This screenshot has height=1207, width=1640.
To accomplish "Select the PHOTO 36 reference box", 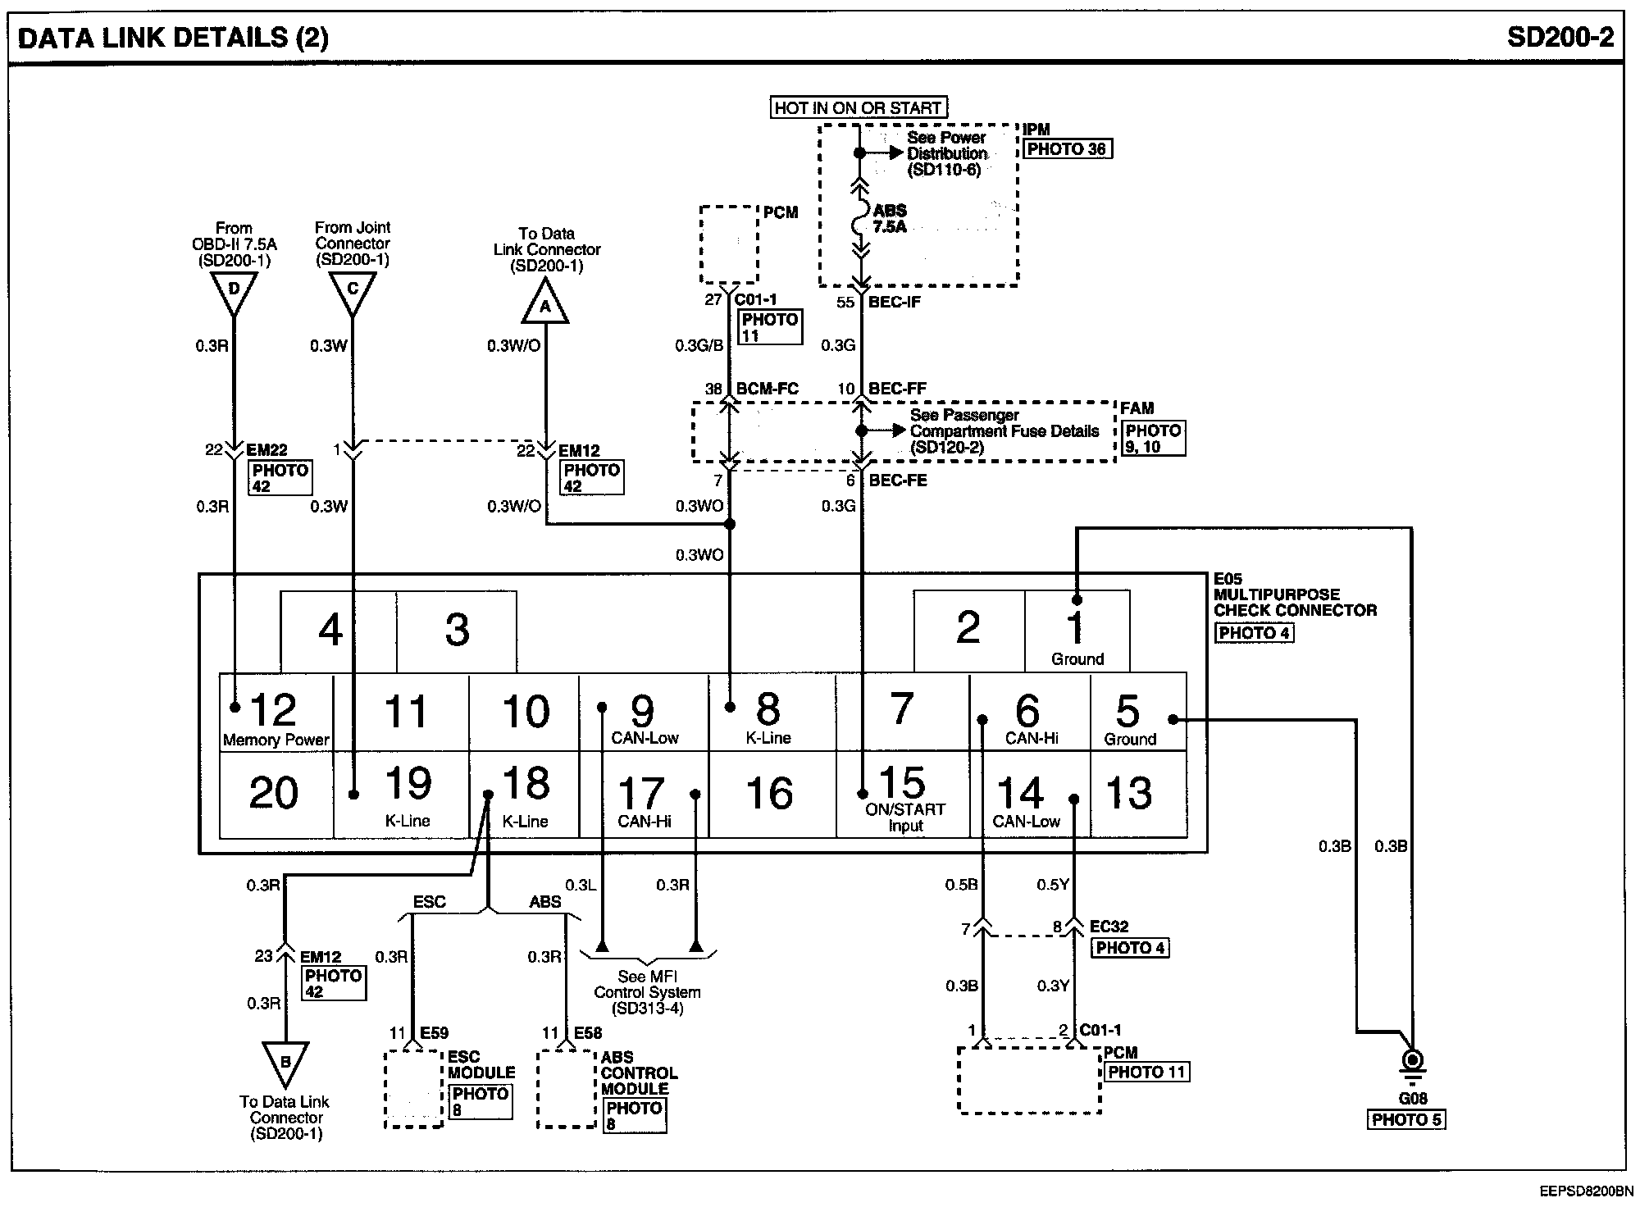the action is tap(1067, 149).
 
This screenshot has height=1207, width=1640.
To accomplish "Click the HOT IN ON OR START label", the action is tap(858, 107).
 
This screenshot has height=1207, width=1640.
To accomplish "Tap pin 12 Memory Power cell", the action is tap(276, 712).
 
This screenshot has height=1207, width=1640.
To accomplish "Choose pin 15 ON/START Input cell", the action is tap(903, 794).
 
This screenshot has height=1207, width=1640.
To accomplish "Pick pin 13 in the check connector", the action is tap(1138, 794).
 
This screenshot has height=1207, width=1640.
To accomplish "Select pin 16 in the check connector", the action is tap(772, 794).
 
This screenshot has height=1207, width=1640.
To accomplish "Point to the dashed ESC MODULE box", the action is tap(414, 1089).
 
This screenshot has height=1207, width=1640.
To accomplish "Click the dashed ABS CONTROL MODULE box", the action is tap(567, 1089).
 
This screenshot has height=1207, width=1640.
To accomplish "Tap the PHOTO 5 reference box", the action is tap(1406, 1119).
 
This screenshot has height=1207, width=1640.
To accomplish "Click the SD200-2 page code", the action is tap(1560, 37).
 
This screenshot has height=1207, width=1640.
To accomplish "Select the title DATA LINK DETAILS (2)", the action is tap(173, 39).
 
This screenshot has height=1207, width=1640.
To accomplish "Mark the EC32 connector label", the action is tap(1109, 927).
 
